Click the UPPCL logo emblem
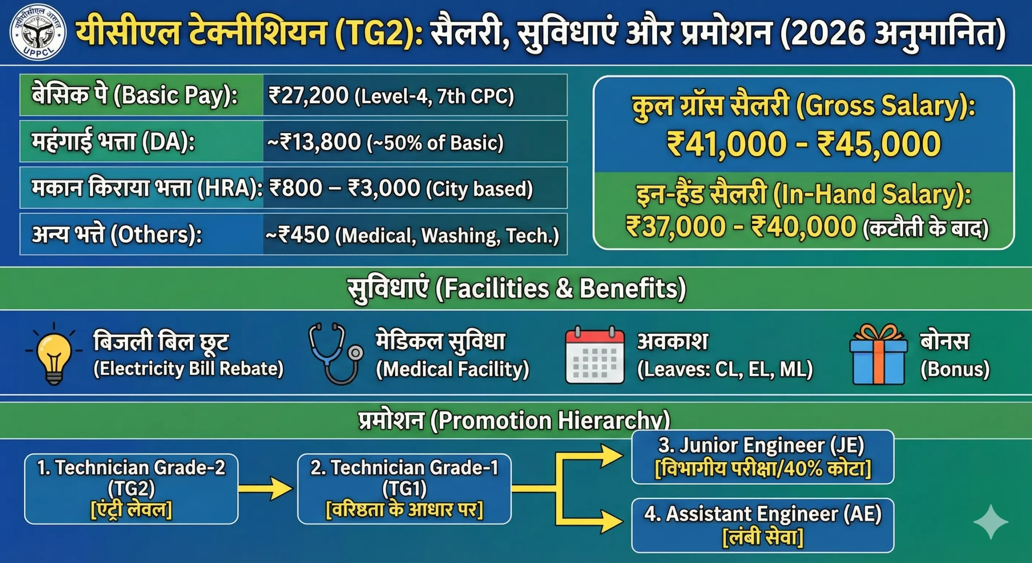click(38, 33)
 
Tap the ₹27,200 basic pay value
click(308, 96)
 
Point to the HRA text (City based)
click(479, 189)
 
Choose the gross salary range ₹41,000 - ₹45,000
click(803, 144)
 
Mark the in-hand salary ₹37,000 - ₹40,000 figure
click(741, 226)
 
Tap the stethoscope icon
click(335, 354)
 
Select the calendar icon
click(595, 355)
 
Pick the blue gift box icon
click(878, 355)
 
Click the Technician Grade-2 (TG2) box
click(131, 489)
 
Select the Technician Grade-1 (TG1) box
click(404, 489)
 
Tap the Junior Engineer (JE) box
click(762, 457)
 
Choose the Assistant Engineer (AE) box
click(762, 525)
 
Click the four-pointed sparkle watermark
click(990, 522)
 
